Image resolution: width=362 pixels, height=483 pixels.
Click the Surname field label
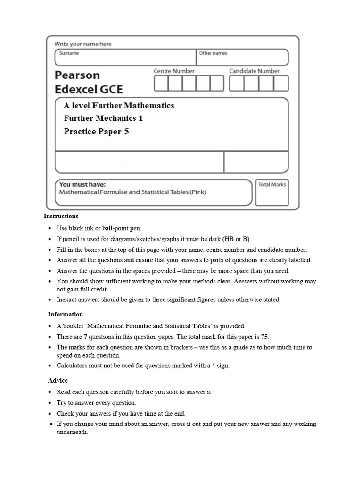coord(69,53)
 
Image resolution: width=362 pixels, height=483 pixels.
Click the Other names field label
coord(213,53)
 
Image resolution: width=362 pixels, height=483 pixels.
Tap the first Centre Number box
coord(161,83)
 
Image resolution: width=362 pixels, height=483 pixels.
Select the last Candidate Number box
coord(281,83)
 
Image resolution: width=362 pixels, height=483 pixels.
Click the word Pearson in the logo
coord(77,75)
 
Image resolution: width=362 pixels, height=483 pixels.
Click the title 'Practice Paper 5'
coord(96,132)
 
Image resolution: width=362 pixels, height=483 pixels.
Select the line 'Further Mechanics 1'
coord(103,118)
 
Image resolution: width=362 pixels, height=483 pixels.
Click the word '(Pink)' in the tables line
coord(196,192)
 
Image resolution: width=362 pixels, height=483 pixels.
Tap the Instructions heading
coord(61,216)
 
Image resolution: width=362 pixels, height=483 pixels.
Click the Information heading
coord(65,314)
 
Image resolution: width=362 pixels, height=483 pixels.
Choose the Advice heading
coord(58,380)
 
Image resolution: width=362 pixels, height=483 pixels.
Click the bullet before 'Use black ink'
coord(50,228)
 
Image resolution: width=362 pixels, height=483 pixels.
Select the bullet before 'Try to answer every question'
coord(50,403)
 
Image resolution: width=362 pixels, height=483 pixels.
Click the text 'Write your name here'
coord(83,44)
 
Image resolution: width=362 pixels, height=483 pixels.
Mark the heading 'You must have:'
coord(82,184)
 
